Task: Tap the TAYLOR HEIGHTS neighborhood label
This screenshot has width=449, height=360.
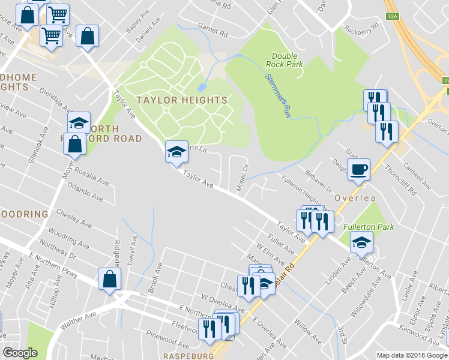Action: click(x=181, y=100)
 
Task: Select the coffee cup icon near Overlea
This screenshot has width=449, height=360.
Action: click(x=358, y=170)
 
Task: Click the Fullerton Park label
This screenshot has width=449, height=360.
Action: click(x=368, y=227)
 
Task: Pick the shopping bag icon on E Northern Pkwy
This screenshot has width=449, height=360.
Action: click(x=109, y=279)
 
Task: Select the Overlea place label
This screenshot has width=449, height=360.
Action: click(x=355, y=198)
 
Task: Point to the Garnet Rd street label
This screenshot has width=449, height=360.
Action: click(x=213, y=30)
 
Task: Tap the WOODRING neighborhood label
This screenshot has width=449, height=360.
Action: click(x=23, y=214)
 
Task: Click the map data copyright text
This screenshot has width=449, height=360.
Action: click(x=411, y=355)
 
